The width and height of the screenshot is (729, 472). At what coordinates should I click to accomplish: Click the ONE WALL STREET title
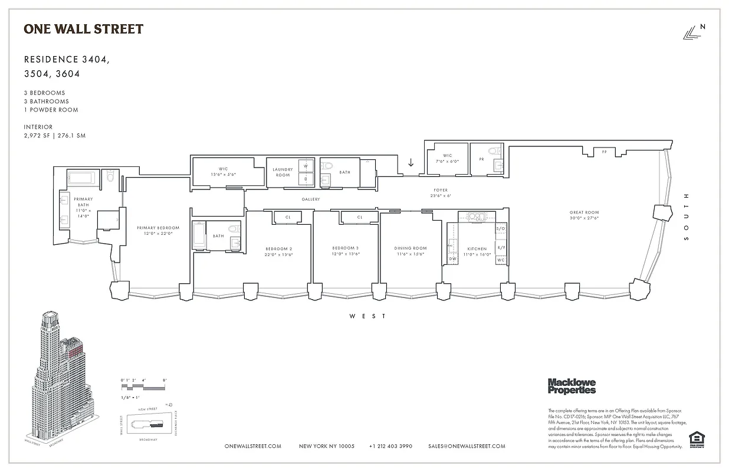coord(83,29)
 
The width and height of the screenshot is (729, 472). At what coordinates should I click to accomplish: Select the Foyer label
coord(441,190)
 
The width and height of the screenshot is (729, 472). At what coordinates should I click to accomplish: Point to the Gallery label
coord(311,199)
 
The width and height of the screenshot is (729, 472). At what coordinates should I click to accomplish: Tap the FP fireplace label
coord(604,152)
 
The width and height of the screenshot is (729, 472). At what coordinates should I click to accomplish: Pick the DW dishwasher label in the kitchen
coord(453,258)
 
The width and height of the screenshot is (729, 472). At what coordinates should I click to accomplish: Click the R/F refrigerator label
coord(501,247)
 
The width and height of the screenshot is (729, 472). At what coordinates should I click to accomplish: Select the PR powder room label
coord(481,159)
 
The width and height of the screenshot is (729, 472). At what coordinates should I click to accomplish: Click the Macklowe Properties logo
coord(572,386)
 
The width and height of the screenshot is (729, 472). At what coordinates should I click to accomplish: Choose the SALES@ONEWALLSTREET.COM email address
coord(467,446)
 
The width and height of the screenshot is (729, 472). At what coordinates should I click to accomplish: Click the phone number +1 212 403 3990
coord(390,446)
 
